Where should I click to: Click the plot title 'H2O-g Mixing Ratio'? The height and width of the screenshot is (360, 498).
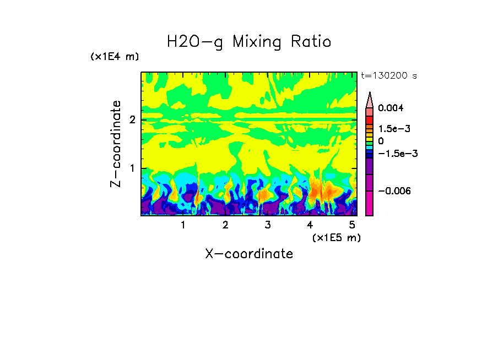[x=249, y=42]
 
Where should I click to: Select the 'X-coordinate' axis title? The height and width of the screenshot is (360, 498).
[x=249, y=254]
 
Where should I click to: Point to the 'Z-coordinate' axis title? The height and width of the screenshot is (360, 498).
[x=116, y=144]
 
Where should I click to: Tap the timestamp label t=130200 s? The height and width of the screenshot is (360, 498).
[x=388, y=76]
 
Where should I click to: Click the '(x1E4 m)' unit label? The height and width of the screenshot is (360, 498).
[x=115, y=57]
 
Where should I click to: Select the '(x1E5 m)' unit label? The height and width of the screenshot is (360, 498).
[x=336, y=237]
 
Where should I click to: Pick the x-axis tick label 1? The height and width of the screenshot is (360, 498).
[x=183, y=225]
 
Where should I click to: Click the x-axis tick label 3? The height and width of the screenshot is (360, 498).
[x=268, y=225]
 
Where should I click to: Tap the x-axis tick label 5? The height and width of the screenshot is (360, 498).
[x=352, y=225]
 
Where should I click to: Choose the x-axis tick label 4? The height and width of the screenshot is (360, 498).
[x=310, y=225]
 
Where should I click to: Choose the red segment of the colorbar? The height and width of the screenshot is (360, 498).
[x=370, y=120]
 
